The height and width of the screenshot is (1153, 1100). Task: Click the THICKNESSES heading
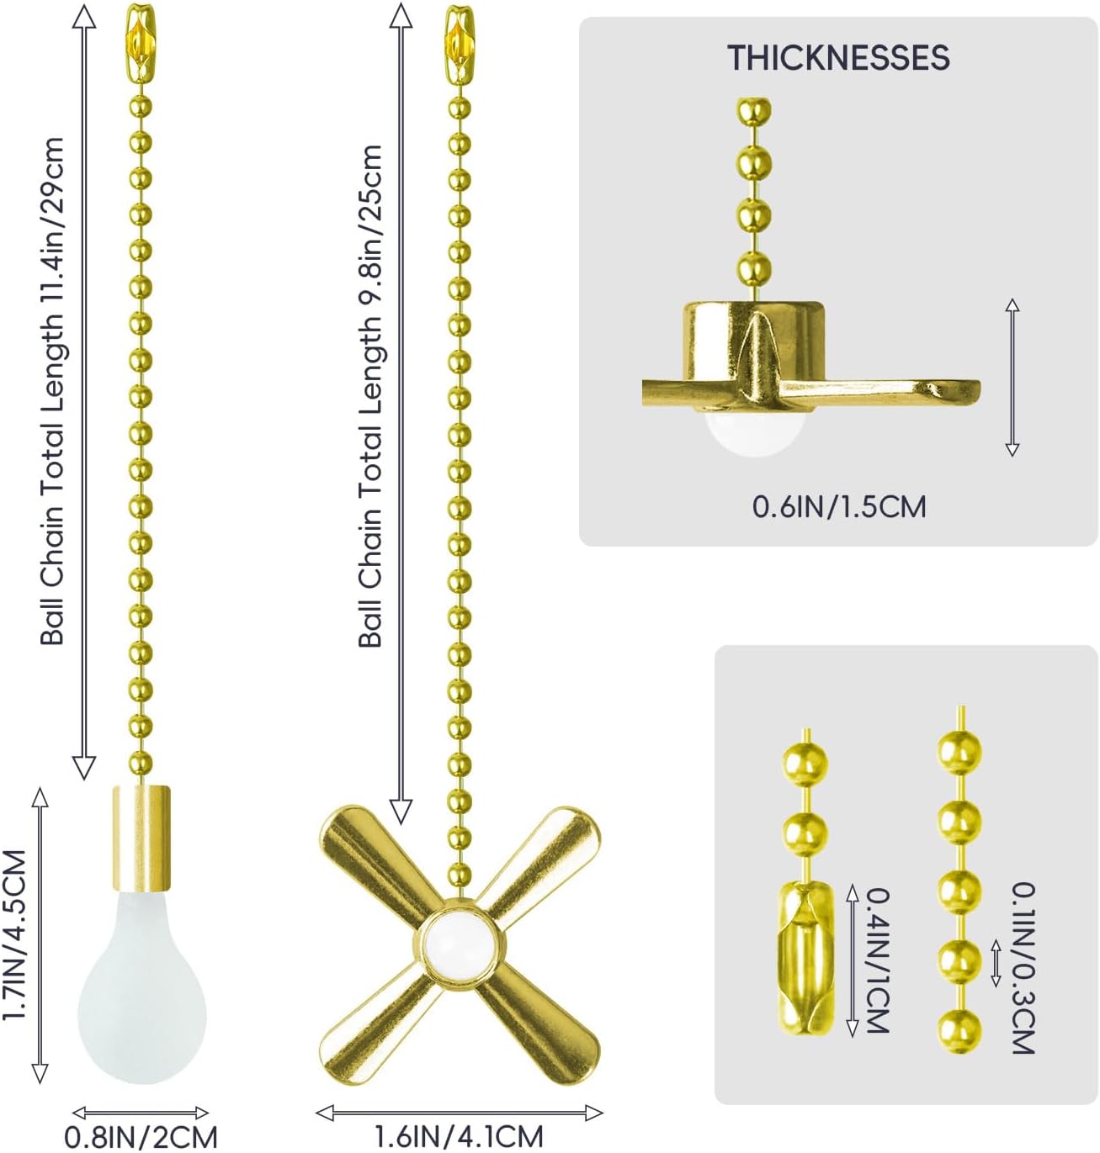coord(838,57)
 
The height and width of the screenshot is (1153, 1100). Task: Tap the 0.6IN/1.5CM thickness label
coord(839,507)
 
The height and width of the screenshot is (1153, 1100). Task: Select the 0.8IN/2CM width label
coord(141,1137)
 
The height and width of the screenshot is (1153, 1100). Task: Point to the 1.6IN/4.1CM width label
coord(459,1136)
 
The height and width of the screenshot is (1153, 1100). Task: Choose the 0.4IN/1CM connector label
coord(878,960)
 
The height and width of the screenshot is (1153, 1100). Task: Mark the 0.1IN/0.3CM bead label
coord(1023,968)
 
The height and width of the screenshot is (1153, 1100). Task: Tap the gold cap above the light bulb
coord(141,838)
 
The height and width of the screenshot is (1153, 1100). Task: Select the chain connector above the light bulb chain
coord(141,44)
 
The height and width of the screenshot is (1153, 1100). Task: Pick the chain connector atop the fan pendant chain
coord(459,44)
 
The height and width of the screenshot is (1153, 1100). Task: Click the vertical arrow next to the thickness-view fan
coord(1012,377)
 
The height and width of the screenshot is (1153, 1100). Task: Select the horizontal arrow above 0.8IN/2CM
coord(141,1113)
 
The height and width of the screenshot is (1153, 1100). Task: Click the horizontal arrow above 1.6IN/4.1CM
coord(459,1113)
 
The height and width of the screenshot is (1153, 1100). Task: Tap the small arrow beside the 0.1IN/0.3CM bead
coord(996,962)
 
